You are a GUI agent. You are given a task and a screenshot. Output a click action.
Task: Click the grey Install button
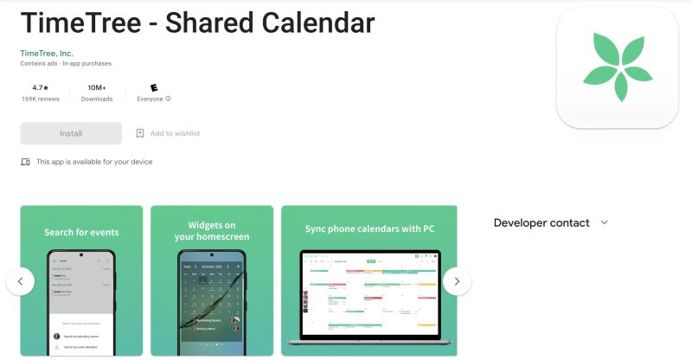pyautogui.click(x=71, y=133)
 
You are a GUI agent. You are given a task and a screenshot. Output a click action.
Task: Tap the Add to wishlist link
pyautogui.click(x=175, y=133)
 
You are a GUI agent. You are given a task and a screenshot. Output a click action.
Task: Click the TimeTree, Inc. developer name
pyautogui.click(x=47, y=53)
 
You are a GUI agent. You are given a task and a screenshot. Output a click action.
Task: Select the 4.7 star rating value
pyautogui.click(x=38, y=87)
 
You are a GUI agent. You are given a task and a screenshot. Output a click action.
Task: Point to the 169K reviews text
pyautogui.click(x=40, y=99)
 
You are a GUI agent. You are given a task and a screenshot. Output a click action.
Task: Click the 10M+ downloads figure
pyautogui.click(x=97, y=87)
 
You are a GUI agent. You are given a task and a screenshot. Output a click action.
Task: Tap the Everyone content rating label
pyautogui.click(x=151, y=99)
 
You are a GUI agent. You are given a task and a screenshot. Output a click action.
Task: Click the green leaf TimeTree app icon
pyautogui.click(x=618, y=67)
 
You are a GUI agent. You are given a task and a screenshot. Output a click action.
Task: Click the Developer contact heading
pyautogui.click(x=541, y=222)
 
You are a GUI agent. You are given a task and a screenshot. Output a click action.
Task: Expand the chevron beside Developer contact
pyautogui.click(x=604, y=222)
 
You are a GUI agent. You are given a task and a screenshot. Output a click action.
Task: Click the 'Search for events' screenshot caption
pyautogui.click(x=81, y=232)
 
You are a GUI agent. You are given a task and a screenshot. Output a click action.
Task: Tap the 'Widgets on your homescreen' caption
pyautogui.click(x=212, y=231)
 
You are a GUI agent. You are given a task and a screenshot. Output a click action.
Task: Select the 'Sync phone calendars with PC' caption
pyautogui.click(x=369, y=229)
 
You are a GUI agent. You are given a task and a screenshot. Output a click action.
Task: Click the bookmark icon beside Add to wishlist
pyautogui.click(x=140, y=133)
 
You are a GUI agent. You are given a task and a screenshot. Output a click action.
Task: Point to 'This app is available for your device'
pyautogui.click(x=93, y=162)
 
